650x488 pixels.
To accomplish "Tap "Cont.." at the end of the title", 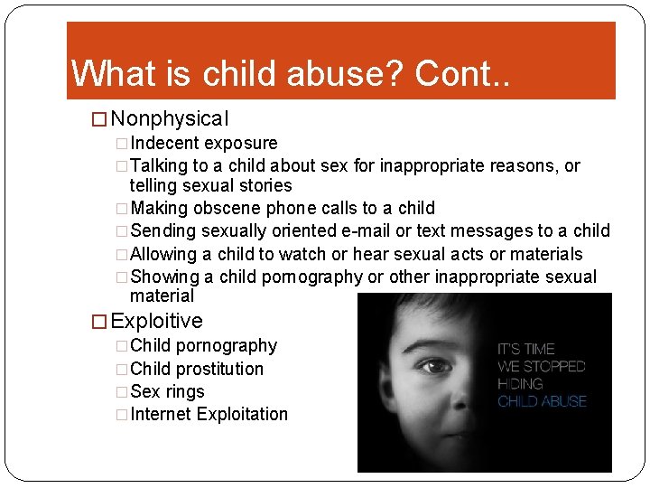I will pyautogui.click(x=462, y=73).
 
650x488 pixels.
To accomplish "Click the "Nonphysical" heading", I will pyautogui.click(x=170, y=118).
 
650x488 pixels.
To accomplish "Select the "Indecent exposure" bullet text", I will pyautogui.click(x=204, y=143).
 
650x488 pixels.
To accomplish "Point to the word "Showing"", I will pyautogui.click(x=164, y=277).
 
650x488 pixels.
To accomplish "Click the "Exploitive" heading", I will pyautogui.click(x=156, y=321).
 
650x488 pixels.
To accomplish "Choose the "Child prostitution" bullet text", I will pyautogui.click(x=197, y=369).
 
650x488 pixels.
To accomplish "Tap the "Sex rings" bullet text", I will pyautogui.click(x=168, y=391).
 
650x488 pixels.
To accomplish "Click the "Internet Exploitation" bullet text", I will pyautogui.click(x=209, y=414).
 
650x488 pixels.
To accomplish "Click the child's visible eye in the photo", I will pyautogui.click(x=438, y=367).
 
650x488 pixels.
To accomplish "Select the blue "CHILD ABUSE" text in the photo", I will pyautogui.click(x=542, y=401).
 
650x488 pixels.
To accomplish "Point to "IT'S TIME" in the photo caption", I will pyautogui.click(x=526, y=349).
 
